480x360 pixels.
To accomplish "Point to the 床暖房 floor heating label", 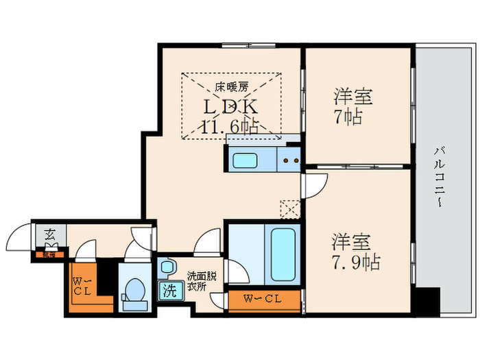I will click(232, 87).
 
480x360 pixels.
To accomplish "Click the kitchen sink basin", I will click(245, 160).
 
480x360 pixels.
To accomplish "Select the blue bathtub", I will click(283, 253).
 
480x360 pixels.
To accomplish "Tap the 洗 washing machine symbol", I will click(169, 290).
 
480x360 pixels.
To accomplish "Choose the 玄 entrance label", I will click(51, 235).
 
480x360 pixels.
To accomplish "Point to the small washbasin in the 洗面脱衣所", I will click(167, 266).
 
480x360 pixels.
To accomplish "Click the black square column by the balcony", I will click(429, 300).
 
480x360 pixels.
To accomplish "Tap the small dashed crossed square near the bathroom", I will click(290, 207).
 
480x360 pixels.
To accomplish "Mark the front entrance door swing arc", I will click(19, 239).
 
